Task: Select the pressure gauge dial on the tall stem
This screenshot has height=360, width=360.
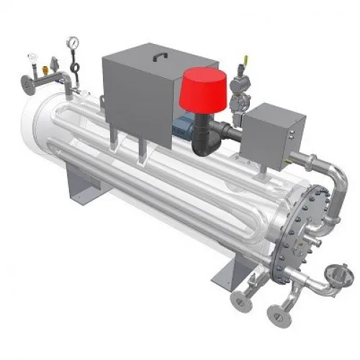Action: [x=73, y=43]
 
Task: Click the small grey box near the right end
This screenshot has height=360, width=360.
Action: [x=266, y=131]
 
